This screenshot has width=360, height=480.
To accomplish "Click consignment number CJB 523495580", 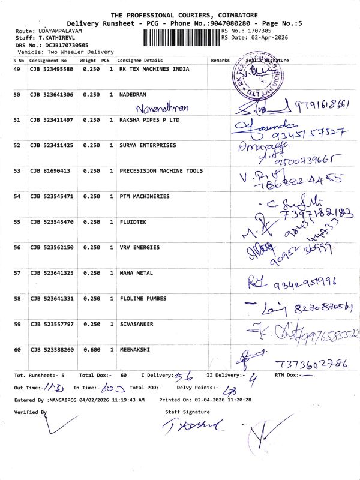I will pyautogui.click(x=52, y=70).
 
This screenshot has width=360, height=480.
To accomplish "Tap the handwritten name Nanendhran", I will pyautogui.click(x=162, y=108).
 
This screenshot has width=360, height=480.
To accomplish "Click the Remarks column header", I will pyautogui.click(x=220, y=61).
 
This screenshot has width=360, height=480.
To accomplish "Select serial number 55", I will pyautogui.click(x=17, y=222).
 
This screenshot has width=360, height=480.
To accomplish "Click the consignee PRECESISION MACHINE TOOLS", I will pyautogui.click(x=161, y=171).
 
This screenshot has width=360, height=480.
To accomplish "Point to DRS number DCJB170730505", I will pyautogui.click(x=67, y=45).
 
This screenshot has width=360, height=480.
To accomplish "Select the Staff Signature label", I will pyautogui.click(x=187, y=412).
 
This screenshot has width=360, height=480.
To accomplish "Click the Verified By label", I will pyautogui.click(x=31, y=412).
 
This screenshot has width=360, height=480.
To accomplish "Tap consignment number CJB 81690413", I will pyautogui.click(x=50, y=171).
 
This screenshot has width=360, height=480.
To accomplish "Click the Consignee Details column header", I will pyautogui.click(x=140, y=61).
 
